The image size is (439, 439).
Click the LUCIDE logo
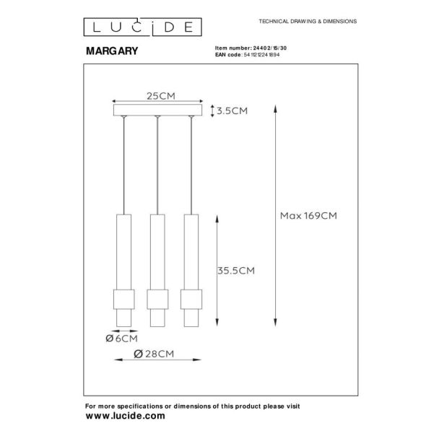[142, 27]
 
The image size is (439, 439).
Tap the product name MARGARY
[112, 51]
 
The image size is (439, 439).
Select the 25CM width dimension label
[161, 96]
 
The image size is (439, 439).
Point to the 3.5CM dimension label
[232, 111]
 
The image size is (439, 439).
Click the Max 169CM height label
[308, 216]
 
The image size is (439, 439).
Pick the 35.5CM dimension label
[236, 271]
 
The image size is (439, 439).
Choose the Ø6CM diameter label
[122, 339]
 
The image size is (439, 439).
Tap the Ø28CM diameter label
[154, 354]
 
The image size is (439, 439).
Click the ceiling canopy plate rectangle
[157, 110]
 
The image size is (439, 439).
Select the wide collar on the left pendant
[123, 300]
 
